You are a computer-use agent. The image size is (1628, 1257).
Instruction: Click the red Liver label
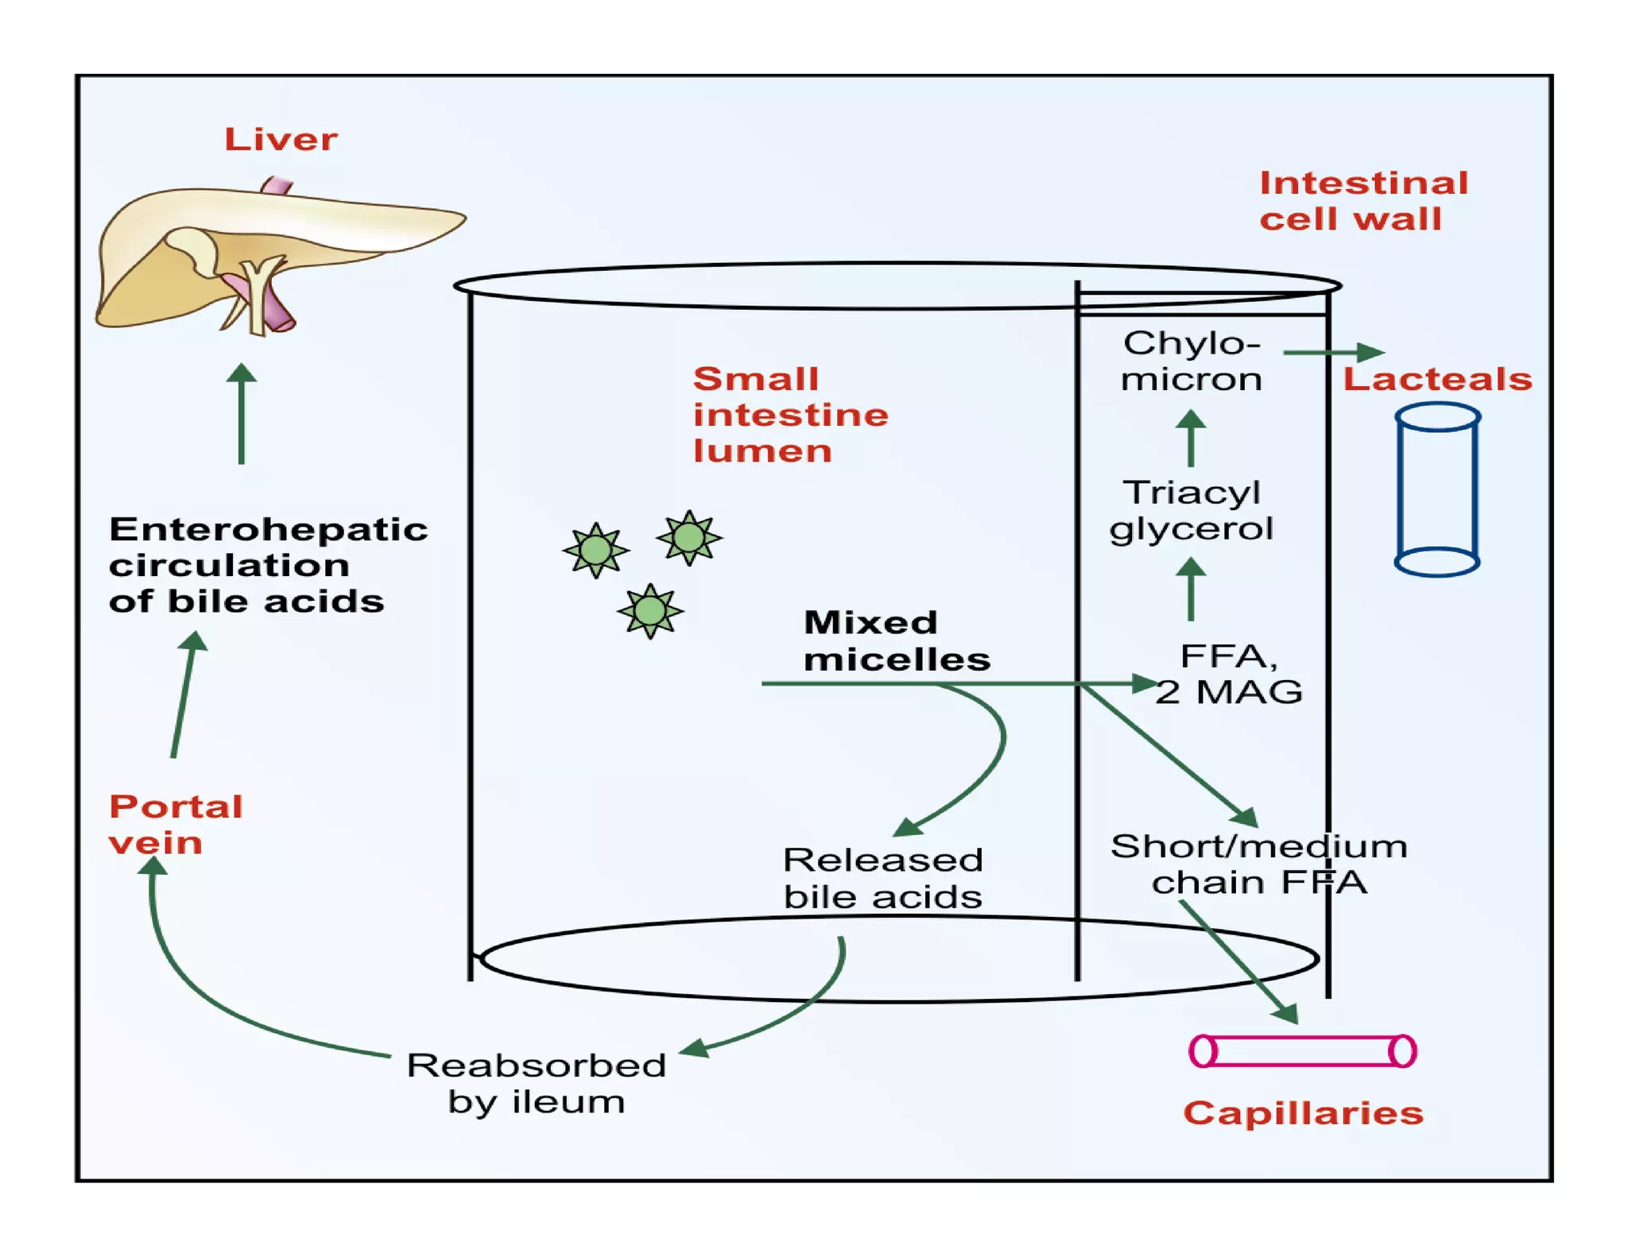(281, 139)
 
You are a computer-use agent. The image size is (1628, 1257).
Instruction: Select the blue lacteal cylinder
(1437, 489)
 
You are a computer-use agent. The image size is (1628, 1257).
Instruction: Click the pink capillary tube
(1302, 1050)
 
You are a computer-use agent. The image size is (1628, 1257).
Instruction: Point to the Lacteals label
(1437, 379)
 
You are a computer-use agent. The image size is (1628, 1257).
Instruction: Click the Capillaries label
(1303, 1113)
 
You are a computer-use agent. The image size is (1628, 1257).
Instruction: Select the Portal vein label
(175, 824)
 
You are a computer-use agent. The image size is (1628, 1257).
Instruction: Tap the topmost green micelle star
(688, 538)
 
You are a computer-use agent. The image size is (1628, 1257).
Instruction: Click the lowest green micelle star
(650, 611)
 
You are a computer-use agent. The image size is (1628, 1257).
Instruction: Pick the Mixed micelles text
(896, 640)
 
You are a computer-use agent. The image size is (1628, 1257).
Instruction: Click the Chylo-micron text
(1191, 362)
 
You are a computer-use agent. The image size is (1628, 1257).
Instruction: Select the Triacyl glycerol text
(1191, 510)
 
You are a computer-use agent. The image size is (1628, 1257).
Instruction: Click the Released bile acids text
(882, 878)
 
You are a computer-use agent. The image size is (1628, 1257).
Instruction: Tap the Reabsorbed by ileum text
(537, 1082)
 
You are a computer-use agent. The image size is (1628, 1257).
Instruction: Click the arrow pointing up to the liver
(242, 413)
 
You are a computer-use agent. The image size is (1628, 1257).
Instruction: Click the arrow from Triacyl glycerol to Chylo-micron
(1190, 437)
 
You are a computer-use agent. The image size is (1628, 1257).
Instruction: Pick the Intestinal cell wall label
(1362, 200)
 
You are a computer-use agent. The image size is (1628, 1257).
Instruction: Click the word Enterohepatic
(268, 529)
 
